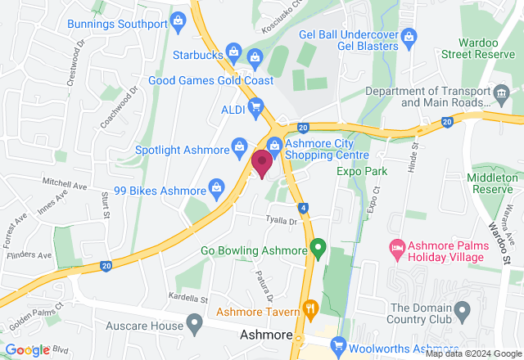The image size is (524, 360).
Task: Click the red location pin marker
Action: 262,162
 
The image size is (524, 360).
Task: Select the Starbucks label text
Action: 198,55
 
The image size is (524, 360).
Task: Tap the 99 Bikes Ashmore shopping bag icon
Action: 216,187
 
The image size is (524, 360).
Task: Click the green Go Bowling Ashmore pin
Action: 318,247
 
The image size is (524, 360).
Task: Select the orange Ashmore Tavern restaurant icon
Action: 309,309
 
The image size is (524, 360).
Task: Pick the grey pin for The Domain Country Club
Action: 461,310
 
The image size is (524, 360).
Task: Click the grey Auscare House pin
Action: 194,325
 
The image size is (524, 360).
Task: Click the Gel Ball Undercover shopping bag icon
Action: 410,35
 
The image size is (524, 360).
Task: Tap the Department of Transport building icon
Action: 499,98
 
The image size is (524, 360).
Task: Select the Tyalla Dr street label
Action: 279,219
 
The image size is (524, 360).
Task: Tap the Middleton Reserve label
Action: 494,182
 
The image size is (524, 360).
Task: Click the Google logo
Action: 28,350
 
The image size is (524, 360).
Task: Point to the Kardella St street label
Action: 184,296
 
